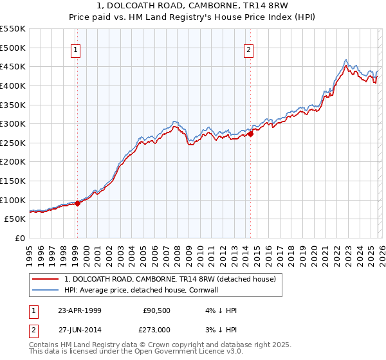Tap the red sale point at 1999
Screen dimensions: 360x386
(x=78, y=203)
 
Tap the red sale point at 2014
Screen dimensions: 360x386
(x=250, y=134)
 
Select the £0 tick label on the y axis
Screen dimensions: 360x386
(x=21, y=238)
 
